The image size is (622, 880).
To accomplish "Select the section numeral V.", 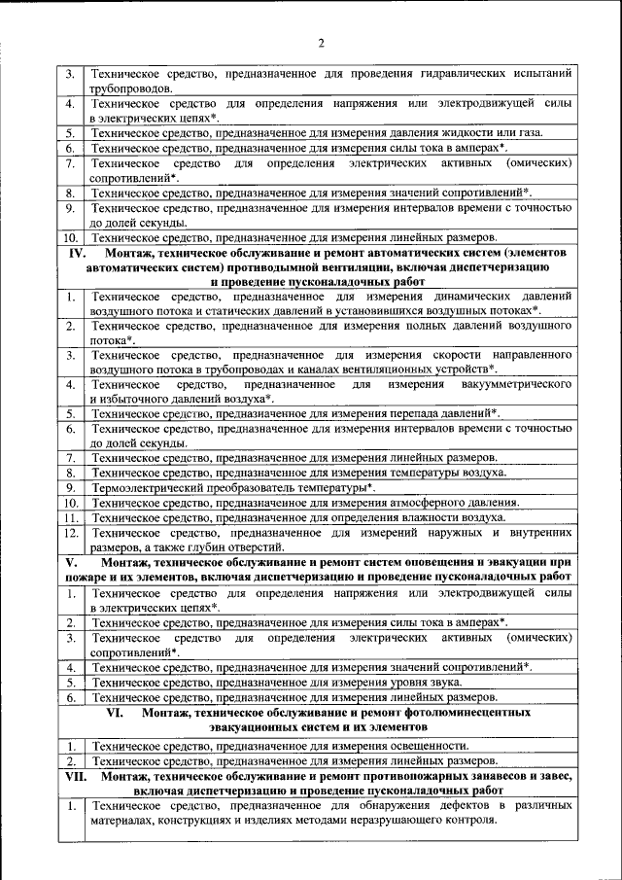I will (x=71, y=562).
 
